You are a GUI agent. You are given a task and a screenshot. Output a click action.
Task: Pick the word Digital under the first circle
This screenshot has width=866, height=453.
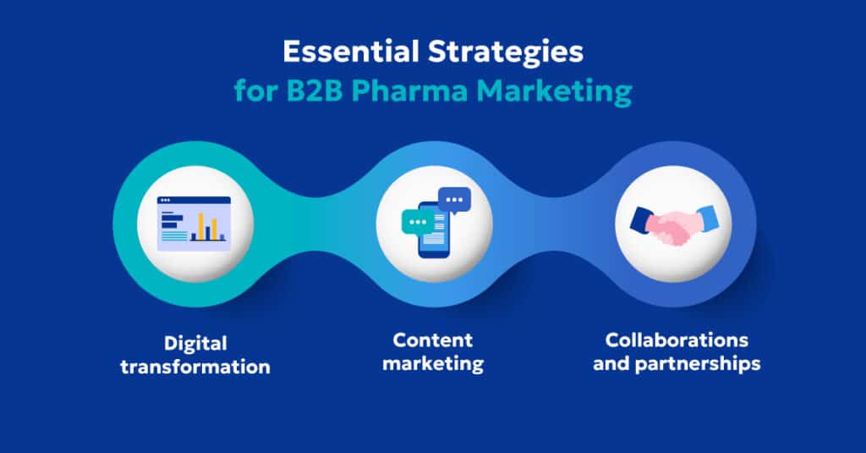pyautogui.click(x=195, y=344)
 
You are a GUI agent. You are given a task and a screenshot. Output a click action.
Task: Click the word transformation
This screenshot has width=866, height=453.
pyautogui.click(x=195, y=367)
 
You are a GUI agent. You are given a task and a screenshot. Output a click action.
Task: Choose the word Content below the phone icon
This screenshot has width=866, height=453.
pyautogui.click(x=433, y=340)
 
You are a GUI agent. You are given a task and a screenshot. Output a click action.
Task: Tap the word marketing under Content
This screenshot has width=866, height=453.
pyautogui.click(x=433, y=364)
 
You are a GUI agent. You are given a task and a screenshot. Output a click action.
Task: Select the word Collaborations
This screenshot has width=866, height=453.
pyautogui.click(x=677, y=340)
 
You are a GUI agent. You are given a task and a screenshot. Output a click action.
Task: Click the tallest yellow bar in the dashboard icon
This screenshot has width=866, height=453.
pyautogui.click(x=201, y=225)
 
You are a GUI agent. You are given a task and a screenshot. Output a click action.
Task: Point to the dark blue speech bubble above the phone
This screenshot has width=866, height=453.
pyautogui.click(x=455, y=201)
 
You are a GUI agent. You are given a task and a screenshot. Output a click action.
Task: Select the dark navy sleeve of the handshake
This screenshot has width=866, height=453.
pyautogui.click(x=641, y=220)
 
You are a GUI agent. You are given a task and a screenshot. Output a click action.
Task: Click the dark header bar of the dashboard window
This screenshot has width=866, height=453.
pyautogui.click(x=195, y=200)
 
